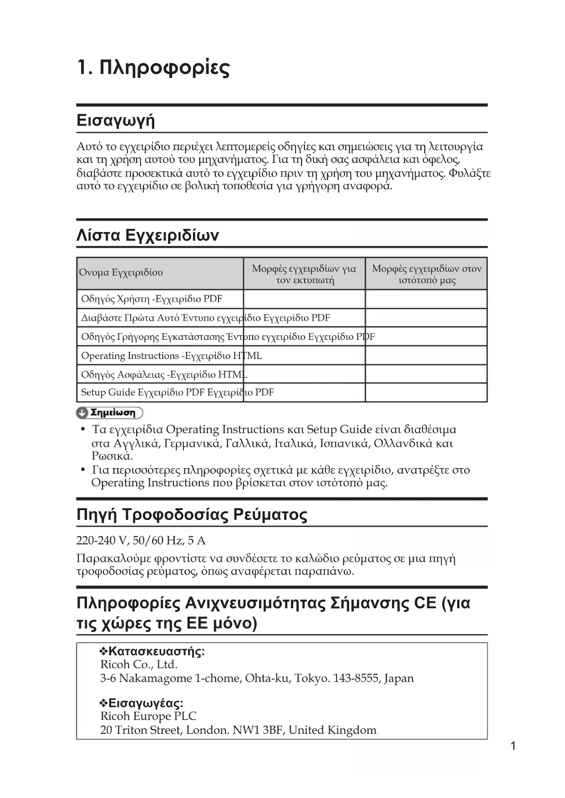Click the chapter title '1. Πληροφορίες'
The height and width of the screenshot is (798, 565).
pos(153,68)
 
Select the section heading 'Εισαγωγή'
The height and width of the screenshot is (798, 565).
pos(116,120)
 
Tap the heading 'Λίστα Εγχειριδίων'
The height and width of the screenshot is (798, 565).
pos(148,235)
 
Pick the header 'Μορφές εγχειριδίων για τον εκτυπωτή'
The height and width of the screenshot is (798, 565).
pos(304,274)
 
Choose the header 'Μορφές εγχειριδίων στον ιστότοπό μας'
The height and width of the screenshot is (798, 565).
pos(427,274)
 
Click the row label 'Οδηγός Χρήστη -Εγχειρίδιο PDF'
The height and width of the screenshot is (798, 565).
pos(152,299)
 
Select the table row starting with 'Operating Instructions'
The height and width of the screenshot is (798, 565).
pos(171,355)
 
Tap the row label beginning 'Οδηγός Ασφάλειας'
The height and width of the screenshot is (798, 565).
pos(164,374)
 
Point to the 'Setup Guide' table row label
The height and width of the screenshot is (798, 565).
pos(177,392)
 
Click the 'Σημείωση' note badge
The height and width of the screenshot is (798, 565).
pos(109,413)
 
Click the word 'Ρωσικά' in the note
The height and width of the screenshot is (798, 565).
pos(112,456)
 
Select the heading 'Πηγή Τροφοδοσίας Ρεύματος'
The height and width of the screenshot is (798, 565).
pos(192,515)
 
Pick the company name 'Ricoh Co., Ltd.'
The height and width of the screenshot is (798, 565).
pos(139,665)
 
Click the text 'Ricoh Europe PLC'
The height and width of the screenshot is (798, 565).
pos(148,716)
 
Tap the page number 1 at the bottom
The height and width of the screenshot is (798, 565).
pos(513,746)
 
